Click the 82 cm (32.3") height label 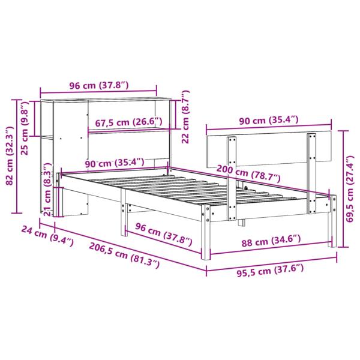(x=9, y=157)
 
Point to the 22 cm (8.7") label (x=186, y=115)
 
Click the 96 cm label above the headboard (x=97, y=86)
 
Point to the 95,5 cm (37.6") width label (x=270, y=269)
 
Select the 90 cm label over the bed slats (x=114, y=163)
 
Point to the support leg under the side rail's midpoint (x=124, y=216)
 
